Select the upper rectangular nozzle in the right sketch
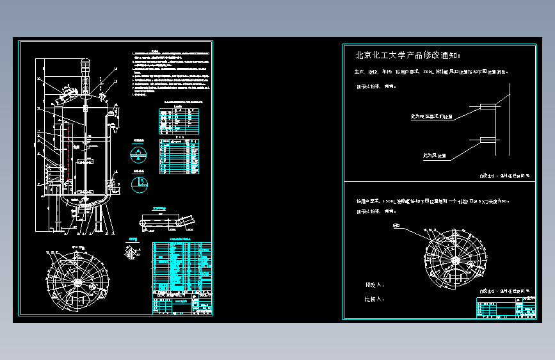(487, 106)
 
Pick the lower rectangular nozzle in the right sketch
(487, 140)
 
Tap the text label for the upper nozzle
(431, 117)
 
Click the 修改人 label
(374, 284)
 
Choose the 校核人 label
(374, 299)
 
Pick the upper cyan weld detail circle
(138, 154)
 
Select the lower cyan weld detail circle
(138, 184)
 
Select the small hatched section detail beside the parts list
(134, 250)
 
